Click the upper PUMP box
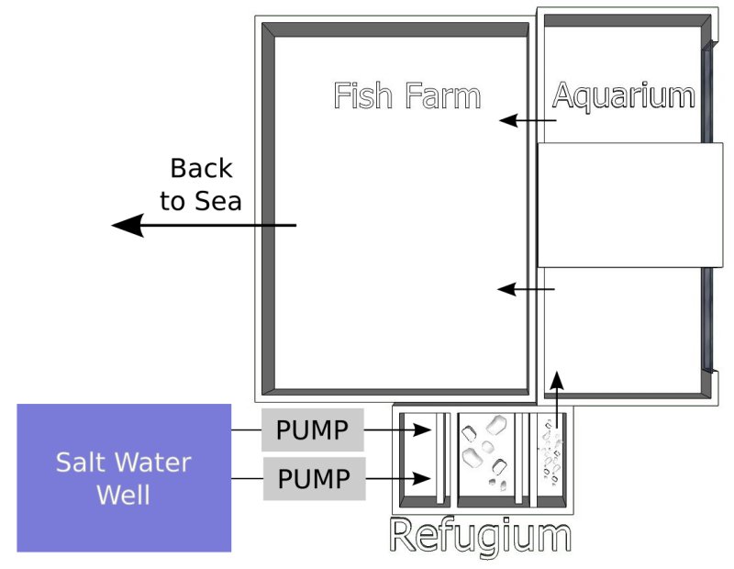tap(313, 430)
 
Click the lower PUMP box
tap(313, 478)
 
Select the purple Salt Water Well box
tap(124, 477)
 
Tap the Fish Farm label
tap(406, 95)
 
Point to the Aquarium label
tap(623, 95)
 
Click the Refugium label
tap(480, 536)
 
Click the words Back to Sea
tap(201, 184)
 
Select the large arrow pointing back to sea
tap(202, 225)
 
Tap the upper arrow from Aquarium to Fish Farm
tap(528, 121)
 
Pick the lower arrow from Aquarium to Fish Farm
tap(527, 290)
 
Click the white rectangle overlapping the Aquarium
tap(629, 205)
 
